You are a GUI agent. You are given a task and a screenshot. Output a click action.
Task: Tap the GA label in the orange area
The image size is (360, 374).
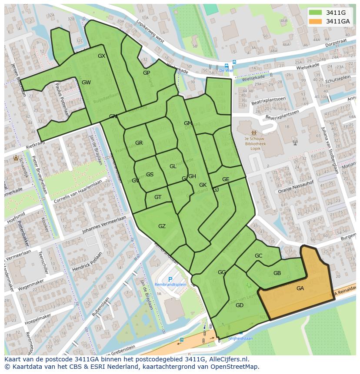[300, 288]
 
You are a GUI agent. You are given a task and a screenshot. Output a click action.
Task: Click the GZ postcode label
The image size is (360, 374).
[162, 226]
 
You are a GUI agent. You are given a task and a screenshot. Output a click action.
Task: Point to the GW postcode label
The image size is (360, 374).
[86, 83]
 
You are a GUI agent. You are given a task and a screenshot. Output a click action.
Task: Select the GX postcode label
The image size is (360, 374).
[101, 56]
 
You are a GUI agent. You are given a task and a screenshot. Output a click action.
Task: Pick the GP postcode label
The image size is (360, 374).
[147, 73]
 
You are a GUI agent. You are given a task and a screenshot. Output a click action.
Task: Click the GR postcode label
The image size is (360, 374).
[139, 143]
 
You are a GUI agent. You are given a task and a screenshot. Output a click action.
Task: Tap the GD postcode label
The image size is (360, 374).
[239, 305]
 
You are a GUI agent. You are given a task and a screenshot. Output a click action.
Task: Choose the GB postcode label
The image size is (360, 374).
[277, 273]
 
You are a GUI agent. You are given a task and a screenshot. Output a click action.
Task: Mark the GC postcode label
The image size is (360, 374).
[258, 256]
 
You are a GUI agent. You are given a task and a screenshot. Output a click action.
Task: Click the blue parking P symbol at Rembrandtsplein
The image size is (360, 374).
[170, 279]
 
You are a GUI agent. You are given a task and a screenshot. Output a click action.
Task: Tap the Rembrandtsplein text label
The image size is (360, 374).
[170, 285]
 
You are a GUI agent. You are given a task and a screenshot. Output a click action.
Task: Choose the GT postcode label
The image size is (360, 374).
[157, 197]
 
